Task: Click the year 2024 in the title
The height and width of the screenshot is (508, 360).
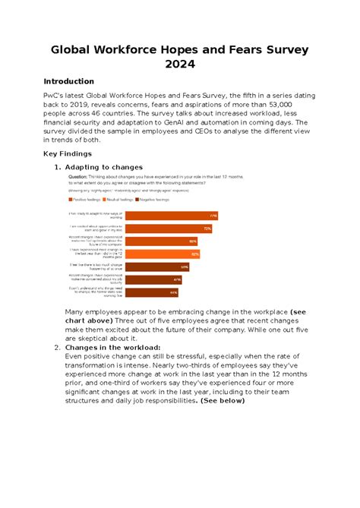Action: tap(180, 65)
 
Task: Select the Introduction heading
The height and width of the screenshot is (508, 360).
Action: tap(68, 81)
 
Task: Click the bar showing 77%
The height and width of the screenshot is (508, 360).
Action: tap(171, 215)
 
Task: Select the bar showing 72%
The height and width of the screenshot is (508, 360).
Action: tap(168, 228)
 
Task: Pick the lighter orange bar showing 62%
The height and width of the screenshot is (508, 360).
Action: tap(163, 254)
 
